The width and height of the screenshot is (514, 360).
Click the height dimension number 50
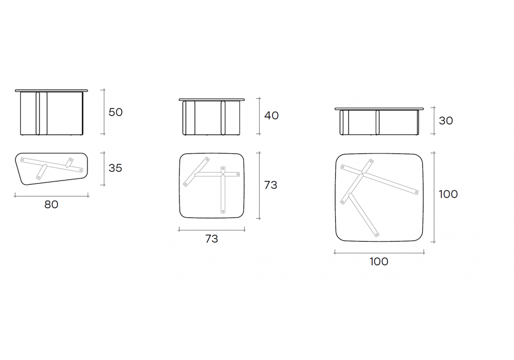(115, 112)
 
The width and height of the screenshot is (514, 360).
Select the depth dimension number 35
(115, 168)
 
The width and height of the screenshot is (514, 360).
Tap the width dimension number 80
(51, 204)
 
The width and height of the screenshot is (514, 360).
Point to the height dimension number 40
(271, 115)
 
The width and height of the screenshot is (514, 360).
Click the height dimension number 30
(446, 121)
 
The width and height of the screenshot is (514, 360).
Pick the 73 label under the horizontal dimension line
(211, 239)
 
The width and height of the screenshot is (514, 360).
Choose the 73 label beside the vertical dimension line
(270, 185)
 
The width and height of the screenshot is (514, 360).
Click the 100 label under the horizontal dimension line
(379, 261)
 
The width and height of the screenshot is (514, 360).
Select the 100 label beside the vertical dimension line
(448, 194)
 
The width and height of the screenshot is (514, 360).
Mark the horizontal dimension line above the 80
(51, 196)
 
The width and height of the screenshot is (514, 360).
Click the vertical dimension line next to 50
(104, 112)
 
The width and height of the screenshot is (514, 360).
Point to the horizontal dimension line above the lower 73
(212, 230)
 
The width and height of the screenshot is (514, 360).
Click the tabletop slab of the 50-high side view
(51, 91)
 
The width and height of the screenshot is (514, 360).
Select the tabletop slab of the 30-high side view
(379, 109)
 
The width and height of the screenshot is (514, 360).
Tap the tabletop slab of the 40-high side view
(212, 99)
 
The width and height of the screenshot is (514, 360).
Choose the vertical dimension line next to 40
(259, 116)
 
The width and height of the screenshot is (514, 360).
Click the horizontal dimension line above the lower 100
(379, 253)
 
